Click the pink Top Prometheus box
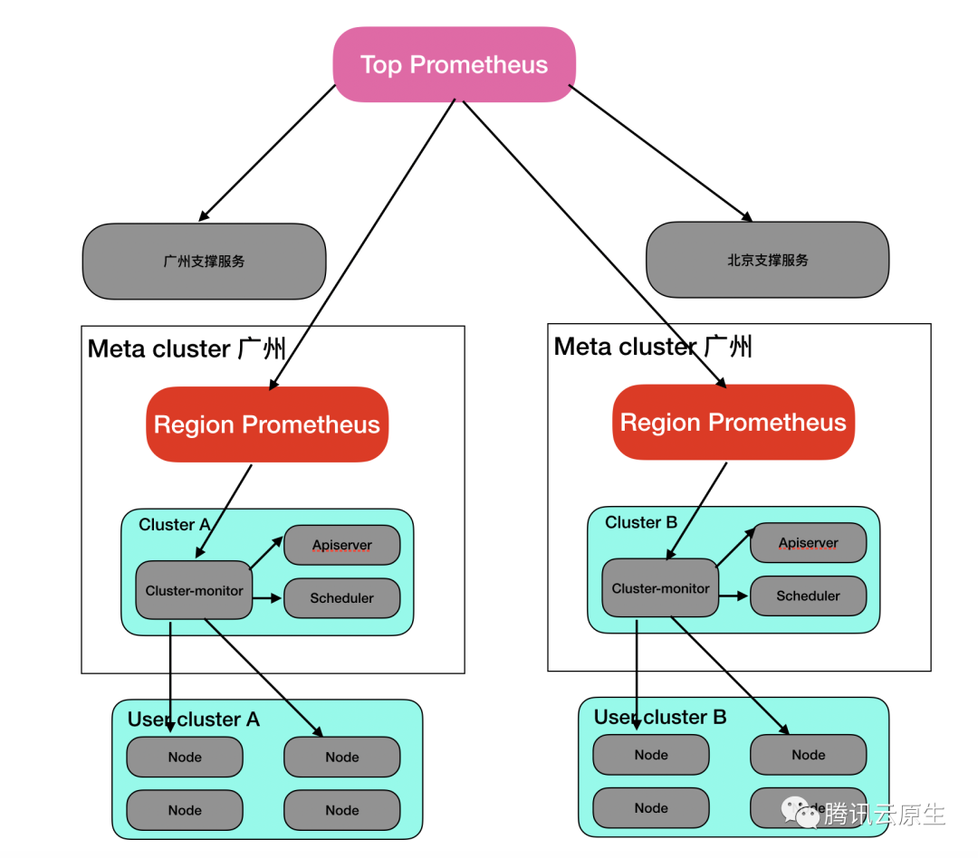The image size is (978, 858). (455, 64)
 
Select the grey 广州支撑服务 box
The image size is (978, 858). (204, 261)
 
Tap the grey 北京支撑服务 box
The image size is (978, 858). (767, 260)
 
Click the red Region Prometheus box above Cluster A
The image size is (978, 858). (267, 424)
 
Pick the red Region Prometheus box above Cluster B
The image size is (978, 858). (733, 423)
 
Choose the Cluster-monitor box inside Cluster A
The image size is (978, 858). (194, 591)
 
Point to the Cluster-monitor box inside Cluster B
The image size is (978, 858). (660, 588)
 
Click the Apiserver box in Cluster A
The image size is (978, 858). (341, 546)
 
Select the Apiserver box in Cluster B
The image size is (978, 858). (808, 543)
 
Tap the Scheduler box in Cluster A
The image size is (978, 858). (341, 598)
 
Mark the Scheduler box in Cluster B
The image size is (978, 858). (808, 596)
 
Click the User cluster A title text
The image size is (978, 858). (194, 720)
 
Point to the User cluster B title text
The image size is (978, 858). (660, 717)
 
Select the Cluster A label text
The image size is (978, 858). (174, 525)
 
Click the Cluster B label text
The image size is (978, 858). (641, 522)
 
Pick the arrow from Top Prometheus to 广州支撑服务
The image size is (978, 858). (267, 153)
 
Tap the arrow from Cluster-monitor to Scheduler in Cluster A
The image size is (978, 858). (267, 598)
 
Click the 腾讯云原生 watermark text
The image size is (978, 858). (884, 814)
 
